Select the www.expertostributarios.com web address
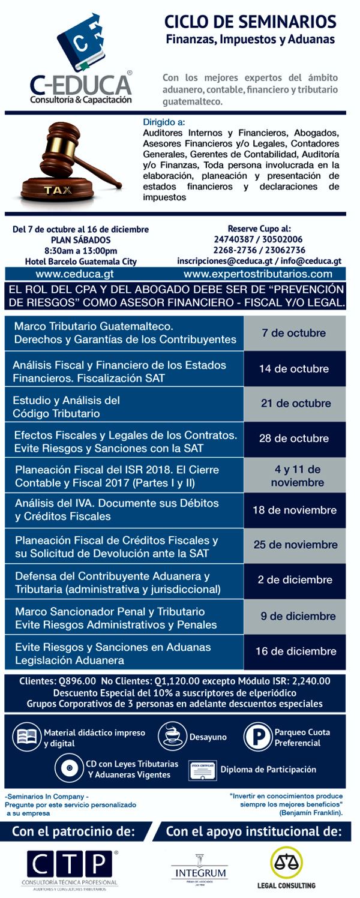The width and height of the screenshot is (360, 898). click(258, 274)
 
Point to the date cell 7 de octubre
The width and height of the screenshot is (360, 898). click(294, 333)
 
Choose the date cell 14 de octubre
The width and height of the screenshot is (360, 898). click(294, 368)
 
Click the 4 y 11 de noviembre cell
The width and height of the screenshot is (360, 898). click(294, 476)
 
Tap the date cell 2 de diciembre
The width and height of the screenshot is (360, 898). click(295, 580)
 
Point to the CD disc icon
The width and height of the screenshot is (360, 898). click(68, 768)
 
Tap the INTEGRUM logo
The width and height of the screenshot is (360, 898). click(197, 870)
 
